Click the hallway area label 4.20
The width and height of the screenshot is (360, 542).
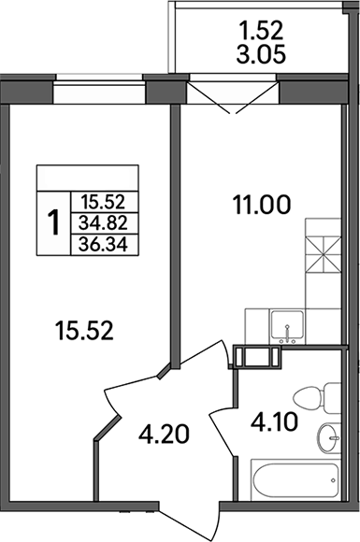[x=163, y=435]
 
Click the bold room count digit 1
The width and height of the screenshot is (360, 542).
[x=55, y=221]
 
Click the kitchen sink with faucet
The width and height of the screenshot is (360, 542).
[x=287, y=328]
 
